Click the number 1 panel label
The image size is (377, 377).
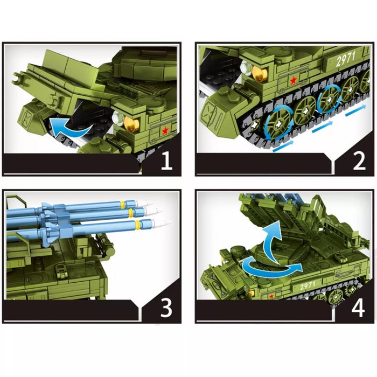point(167,161)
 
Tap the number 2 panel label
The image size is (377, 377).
point(359,161)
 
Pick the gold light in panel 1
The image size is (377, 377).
point(131,123)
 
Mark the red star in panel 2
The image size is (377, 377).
point(294,81)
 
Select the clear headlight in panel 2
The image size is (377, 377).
point(246,67)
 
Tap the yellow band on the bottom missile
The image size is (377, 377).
point(138,224)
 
